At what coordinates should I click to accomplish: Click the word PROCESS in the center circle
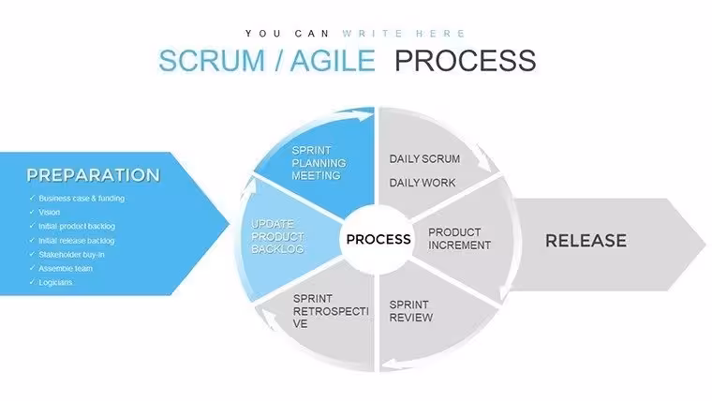point(378,239)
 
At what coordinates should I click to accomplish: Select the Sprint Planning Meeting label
point(319,163)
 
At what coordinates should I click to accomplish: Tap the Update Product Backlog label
point(277,237)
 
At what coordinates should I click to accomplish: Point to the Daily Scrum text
point(424,159)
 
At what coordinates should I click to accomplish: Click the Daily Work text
point(423,183)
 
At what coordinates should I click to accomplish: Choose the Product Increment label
point(460,239)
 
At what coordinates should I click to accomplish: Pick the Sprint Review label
point(411,311)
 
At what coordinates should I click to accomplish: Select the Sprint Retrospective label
point(331,311)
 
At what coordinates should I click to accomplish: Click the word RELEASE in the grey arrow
point(586,241)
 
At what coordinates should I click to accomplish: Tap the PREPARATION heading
point(93,175)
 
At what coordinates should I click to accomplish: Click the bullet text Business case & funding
point(82,199)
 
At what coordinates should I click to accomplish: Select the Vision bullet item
point(49,212)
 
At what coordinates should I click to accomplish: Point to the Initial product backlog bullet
point(77,226)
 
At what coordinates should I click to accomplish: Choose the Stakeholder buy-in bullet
point(71,255)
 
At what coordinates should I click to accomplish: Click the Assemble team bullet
point(66,268)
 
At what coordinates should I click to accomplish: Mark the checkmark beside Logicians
point(32,282)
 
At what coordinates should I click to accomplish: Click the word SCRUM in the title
point(212,61)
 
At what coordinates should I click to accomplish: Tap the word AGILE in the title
point(333,61)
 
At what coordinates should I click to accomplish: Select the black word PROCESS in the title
point(466,61)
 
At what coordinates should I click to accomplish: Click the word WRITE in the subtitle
point(372,34)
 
